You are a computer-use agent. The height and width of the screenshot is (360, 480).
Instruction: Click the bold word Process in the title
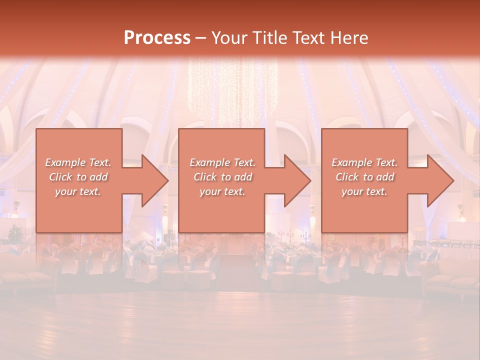(x=157, y=38)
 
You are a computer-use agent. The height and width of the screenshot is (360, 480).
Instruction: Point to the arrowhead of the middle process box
(x=296, y=180)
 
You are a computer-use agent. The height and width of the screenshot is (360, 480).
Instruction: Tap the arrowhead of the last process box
(x=439, y=180)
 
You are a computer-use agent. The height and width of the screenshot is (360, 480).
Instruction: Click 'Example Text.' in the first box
(x=78, y=162)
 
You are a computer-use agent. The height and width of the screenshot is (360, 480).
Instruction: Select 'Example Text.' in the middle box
(x=222, y=162)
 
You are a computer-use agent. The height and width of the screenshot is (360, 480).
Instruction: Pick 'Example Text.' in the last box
(x=364, y=162)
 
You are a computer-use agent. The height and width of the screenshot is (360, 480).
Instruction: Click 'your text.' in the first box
(x=78, y=191)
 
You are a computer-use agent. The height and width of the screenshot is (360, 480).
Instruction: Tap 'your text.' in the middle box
(x=222, y=191)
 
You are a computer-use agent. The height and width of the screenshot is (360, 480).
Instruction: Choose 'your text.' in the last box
(x=364, y=191)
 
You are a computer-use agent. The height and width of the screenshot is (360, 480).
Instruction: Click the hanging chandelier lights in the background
(x=233, y=90)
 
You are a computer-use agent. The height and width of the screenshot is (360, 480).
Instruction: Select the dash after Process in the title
(x=200, y=38)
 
